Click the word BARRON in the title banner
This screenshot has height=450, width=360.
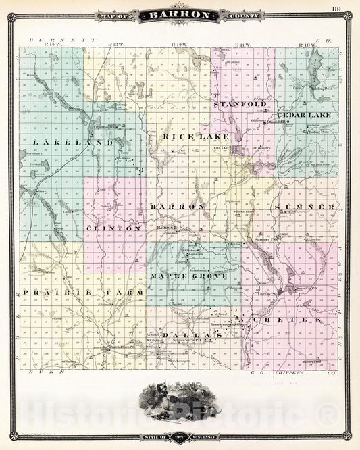click(179, 14)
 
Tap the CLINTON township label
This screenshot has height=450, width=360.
click(114, 229)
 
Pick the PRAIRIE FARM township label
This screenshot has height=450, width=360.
click(83, 292)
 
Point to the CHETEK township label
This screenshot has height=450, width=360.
click(288, 318)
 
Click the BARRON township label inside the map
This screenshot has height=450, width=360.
click(177, 205)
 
